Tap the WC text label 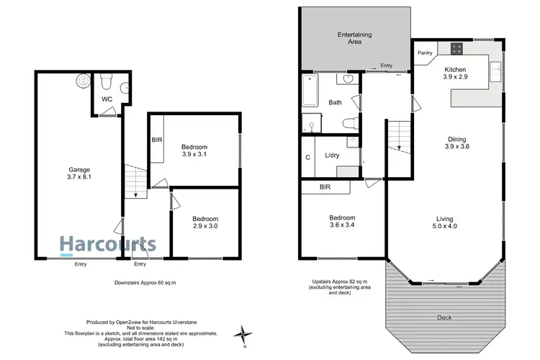pos(107,99)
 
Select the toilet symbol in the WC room pos(105,79)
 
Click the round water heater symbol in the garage pos(80,81)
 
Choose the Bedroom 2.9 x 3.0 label pos(204,222)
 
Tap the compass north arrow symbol pos(246,333)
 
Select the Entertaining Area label pos(354,38)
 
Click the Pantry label pos(425,53)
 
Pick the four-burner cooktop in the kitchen pos(456,49)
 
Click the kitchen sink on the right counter pos(495,70)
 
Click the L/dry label pos(333,156)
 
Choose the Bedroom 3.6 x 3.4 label pos(342,222)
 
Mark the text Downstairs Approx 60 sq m pos(145,283)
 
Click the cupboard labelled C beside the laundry pos(307,157)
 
